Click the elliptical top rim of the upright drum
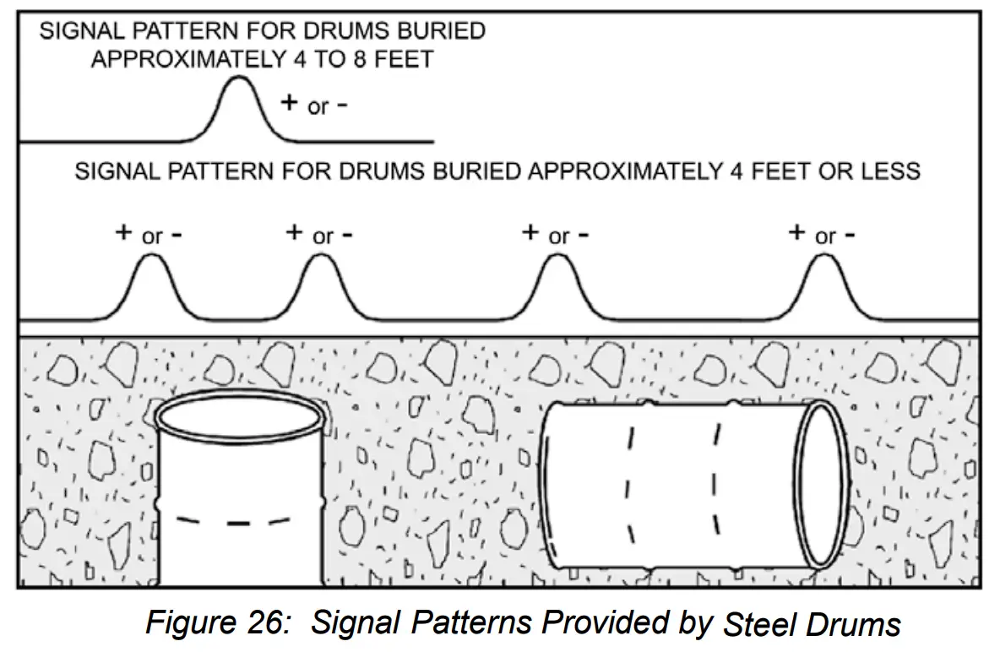click(x=239, y=415)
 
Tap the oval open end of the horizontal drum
click(x=823, y=486)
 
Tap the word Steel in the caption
click(x=757, y=625)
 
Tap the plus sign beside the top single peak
click(x=290, y=102)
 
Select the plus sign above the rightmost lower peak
click(x=796, y=232)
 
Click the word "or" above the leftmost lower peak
click(x=152, y=236)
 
